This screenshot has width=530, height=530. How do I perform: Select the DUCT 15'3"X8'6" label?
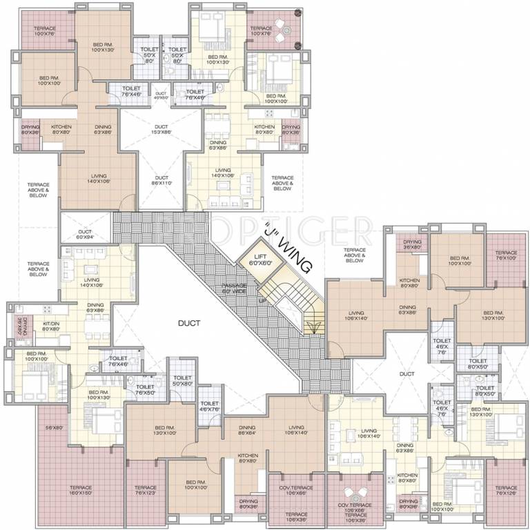pyautogui.click(x=161, y=129)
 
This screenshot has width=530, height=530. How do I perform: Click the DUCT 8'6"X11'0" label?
pyautogui.click(x=161, y=179)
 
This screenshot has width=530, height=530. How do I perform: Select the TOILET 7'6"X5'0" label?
pyautogui.click(x=146, y=391)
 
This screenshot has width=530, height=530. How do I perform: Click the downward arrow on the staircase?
pyautogui.click(x=314, y=327)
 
